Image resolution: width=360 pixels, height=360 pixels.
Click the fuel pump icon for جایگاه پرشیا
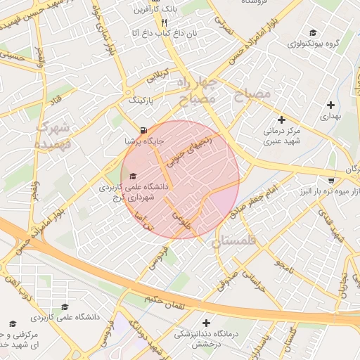tap(143, 130)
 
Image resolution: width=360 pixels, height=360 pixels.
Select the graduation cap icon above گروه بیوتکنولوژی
tap(313, 32)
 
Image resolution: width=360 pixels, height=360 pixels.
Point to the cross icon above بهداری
tap(330, 105)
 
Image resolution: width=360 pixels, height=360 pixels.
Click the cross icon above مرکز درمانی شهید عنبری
tap(282, 120)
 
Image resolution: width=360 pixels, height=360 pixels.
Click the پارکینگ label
tap(145, 101)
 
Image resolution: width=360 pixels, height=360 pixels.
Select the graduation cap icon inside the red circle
tap(133, 176)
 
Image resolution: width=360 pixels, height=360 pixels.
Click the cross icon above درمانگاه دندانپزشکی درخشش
tap(206, 323)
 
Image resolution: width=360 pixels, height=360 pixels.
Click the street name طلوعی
tap(181, 217)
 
